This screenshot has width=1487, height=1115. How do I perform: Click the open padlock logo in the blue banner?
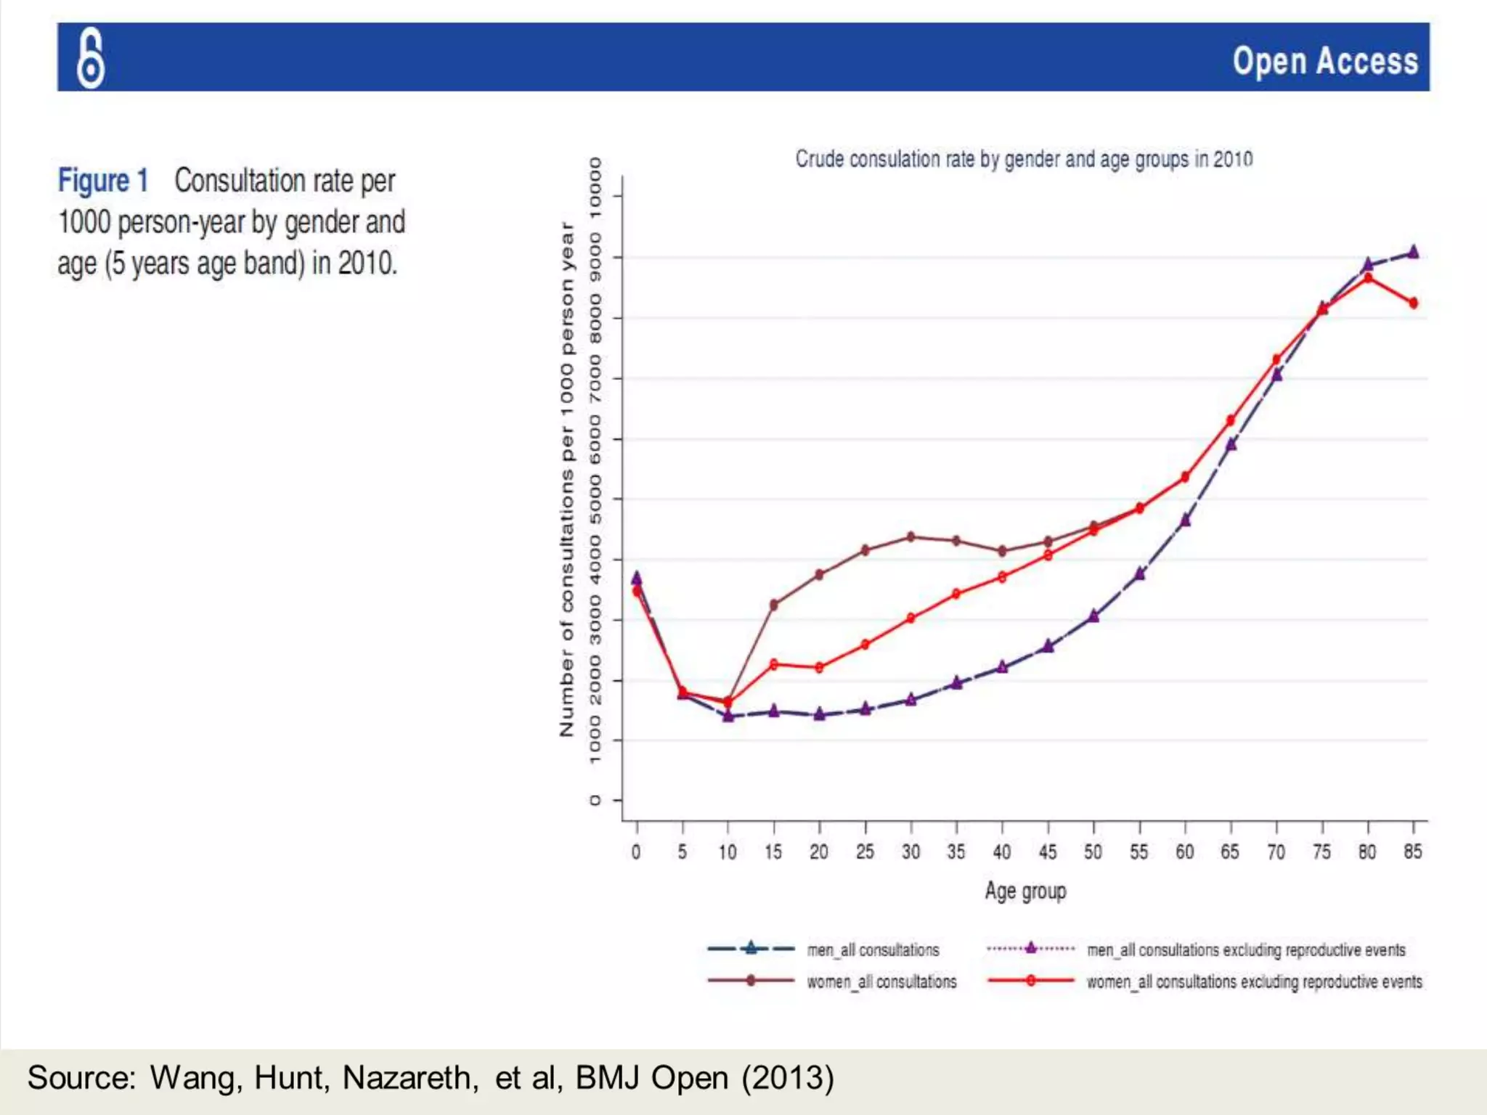pos(91,59)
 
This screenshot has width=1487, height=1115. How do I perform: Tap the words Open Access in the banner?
pos(1325,61)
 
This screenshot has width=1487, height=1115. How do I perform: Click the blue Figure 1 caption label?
pos(103,181)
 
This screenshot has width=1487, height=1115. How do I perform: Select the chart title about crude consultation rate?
pos(1024,159)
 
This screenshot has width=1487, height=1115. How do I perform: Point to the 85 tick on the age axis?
pos(1413,851)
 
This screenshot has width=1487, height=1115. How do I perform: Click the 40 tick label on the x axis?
pos(1002,851)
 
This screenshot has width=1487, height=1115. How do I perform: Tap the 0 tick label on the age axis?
pos(636,851)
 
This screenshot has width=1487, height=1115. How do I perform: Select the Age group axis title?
pos(1025,891)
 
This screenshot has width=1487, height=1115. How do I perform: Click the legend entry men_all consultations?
pos(873,949)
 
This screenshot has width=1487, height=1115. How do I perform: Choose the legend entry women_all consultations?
pos(881,981)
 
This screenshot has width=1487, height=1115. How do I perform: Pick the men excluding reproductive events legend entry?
pos(1246,949)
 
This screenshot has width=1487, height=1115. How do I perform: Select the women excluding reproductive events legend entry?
pos(1254,981)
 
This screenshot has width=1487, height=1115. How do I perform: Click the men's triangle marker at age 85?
pos(1413,253)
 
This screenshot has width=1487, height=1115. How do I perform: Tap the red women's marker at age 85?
pos(1413,303)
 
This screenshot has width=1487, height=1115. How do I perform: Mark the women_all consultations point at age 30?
pos(911,537)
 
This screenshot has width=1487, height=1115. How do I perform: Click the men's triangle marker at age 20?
pos(820,714)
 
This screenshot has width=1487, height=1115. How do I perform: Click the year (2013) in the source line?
pos(788,1078)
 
